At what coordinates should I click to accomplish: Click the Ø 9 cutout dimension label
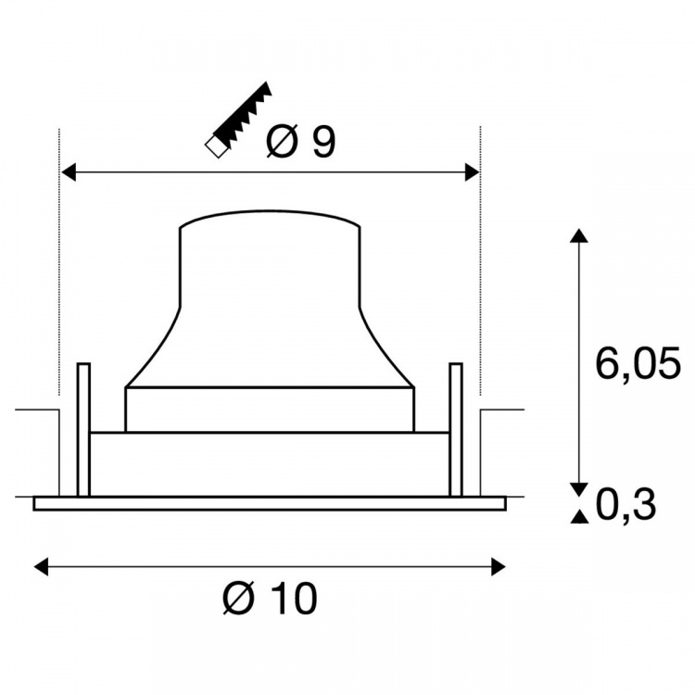coord(301,142)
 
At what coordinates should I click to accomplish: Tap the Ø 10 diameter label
coord(271,598)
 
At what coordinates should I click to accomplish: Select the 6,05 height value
coord(638,364)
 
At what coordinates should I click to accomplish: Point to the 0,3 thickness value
coord(625,505)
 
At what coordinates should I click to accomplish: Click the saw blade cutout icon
coord(238,120)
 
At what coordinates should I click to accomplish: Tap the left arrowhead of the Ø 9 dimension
coord(68,172)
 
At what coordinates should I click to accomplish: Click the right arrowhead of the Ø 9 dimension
coord(473,172)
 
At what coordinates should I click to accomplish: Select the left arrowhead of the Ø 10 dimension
coord(41,566)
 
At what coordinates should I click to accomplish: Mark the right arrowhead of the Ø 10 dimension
coord(499,566)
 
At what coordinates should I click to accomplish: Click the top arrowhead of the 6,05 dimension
coord(578,235)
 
